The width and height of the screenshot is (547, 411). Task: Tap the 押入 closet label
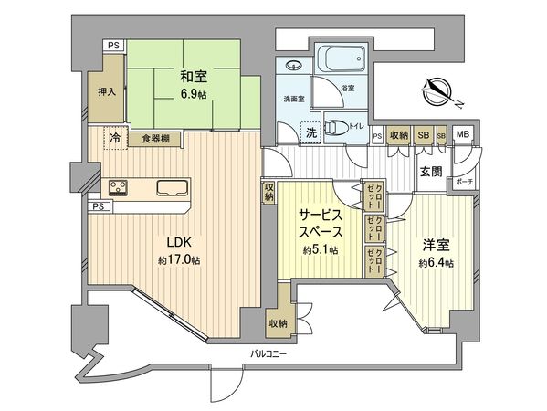(108, 92)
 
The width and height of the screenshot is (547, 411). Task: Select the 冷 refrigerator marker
(115, 138)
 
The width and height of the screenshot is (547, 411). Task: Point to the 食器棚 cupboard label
(159, 139)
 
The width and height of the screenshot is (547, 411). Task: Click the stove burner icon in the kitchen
(120, 188)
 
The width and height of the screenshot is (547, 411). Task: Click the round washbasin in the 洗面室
(295, 66)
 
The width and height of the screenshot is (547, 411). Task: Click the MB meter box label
(463, 135)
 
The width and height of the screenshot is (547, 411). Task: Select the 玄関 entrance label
(432, 171)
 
